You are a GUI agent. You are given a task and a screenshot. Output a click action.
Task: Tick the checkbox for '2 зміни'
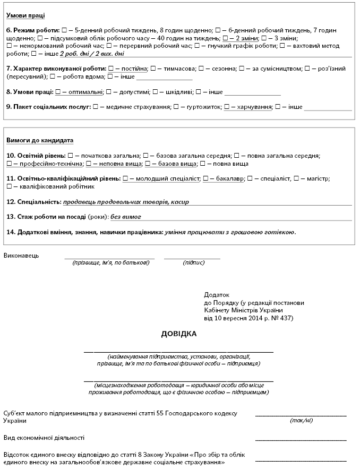tap(226, 38)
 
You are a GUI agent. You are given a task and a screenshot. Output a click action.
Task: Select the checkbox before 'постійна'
tap(110, 69)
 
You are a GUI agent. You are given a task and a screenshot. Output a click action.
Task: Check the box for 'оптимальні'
tap(58, 92)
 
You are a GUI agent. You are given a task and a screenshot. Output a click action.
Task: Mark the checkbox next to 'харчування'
tap(227, 107)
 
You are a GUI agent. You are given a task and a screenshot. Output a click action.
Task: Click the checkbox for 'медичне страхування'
tap(95, 107)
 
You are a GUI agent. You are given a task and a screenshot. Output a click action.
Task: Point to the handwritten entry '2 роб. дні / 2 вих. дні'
tap(92, 54)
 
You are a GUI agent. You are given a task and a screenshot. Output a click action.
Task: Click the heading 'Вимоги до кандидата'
tap(40, 140)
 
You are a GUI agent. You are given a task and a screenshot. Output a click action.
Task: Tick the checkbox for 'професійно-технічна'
tap(11, 164)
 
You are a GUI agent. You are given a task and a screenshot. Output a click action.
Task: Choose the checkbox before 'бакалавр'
tap(205, 178)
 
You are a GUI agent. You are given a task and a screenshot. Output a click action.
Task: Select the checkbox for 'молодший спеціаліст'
tap(125, 178)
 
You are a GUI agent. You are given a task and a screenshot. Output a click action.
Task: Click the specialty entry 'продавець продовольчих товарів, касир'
tap(126, 202)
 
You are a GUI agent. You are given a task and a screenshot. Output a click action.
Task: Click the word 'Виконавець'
tap(21, 256)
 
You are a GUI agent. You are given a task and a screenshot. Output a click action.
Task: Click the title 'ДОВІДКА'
tap(179, 334)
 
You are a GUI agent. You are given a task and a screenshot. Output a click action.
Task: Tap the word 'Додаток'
tap(216, 294)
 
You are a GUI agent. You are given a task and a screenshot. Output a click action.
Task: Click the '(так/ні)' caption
tap(301, 420)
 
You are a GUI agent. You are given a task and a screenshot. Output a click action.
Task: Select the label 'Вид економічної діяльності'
tap(44, 438)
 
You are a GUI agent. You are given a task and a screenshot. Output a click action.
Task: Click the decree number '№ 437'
tap(280, 318)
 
